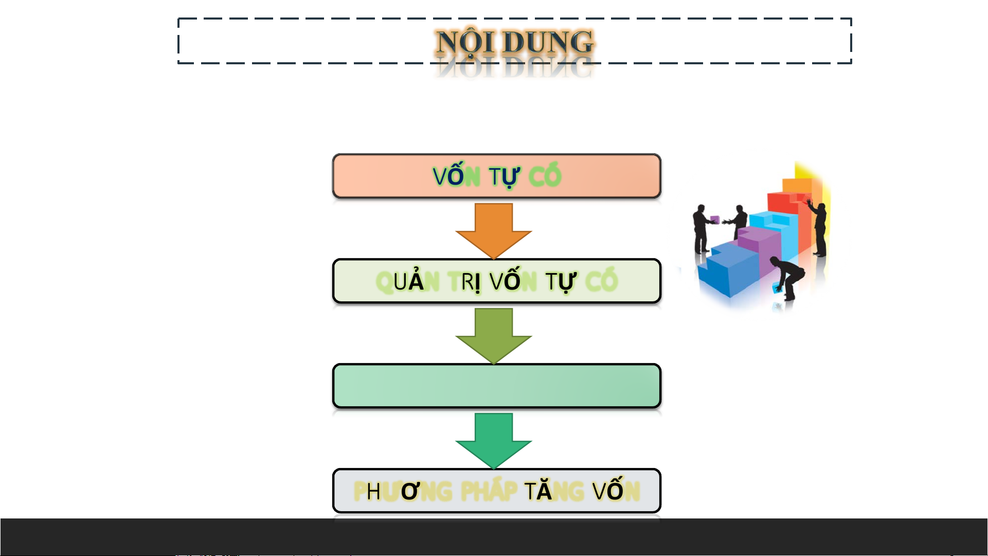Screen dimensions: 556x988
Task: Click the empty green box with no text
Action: [496, 386]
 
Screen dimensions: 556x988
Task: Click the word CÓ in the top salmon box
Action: [545, 176]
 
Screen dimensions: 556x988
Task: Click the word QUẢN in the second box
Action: [407, 282]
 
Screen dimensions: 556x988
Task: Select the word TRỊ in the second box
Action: [464, 282]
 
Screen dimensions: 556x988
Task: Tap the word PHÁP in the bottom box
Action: [489, 491]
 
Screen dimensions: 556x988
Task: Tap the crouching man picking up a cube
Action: [787, 278]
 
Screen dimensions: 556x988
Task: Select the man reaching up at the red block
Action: [819, 226]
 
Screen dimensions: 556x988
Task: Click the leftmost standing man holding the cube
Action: [700, 229]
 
